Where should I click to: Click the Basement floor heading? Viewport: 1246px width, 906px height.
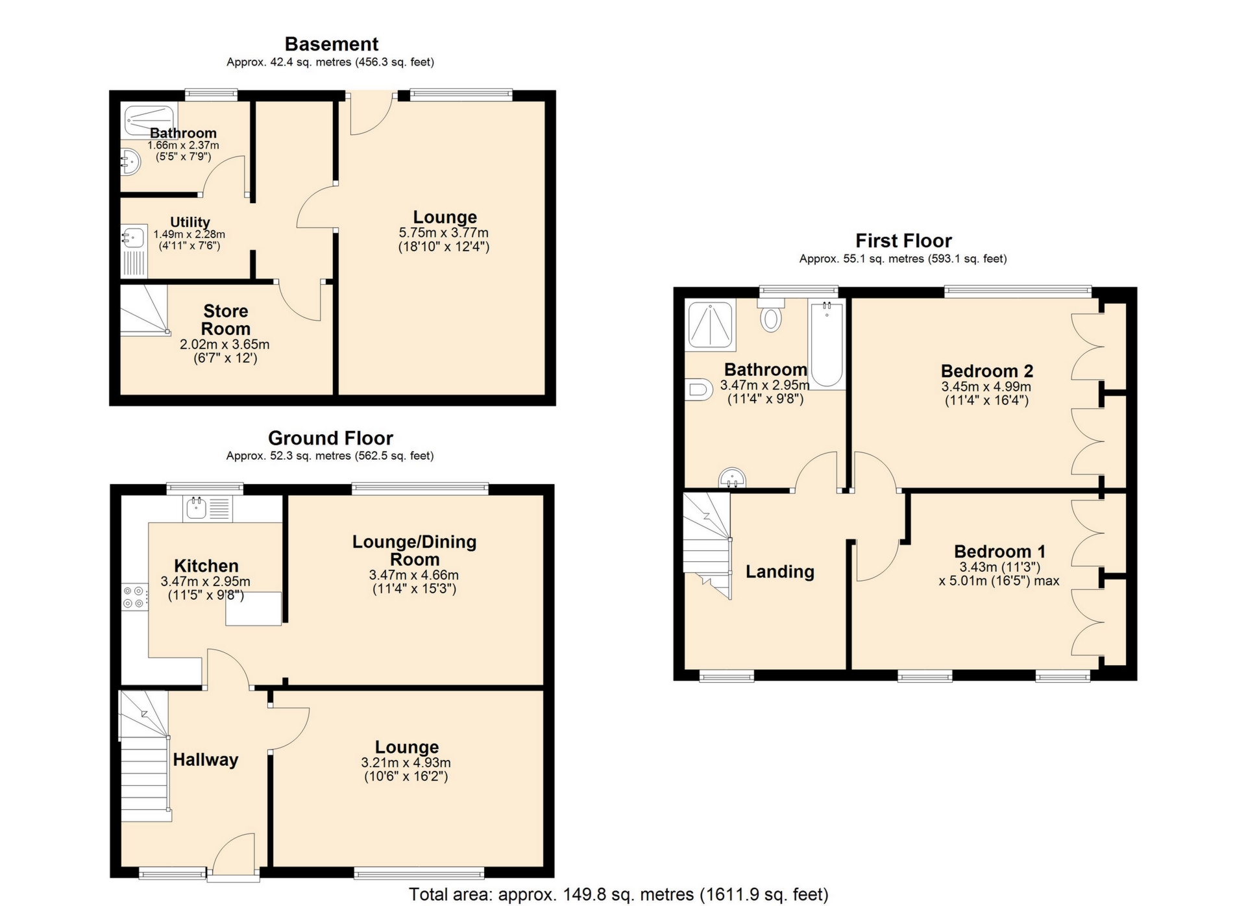click(331, 44)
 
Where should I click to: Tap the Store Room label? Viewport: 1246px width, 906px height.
click(225, 320)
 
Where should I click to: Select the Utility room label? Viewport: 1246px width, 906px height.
click(189, 222)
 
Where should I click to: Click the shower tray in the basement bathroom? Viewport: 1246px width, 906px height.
click(149, 120)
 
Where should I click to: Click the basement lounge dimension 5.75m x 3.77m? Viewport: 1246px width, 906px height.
click(443, 233)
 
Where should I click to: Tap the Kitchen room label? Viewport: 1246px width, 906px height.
click(206, 566)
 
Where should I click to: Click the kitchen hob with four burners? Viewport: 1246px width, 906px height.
click(134, 597)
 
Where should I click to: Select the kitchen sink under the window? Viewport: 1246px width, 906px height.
click(197, 508)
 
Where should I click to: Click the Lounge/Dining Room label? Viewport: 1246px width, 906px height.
click(414, 550)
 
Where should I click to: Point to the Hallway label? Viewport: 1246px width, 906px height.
click(205, 760)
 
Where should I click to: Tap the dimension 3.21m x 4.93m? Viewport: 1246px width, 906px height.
click(406, 763)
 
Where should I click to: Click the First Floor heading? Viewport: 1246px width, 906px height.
click(903, 241)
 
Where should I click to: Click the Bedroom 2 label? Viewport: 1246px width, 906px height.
click(986, 371)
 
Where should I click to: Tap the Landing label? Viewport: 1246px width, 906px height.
click(779, 572)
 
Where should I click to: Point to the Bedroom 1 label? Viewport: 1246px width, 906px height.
click(999, 552)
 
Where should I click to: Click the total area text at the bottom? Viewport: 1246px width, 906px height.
click(618, 894)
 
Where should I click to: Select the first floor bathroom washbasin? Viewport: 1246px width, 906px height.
click(732, 478)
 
